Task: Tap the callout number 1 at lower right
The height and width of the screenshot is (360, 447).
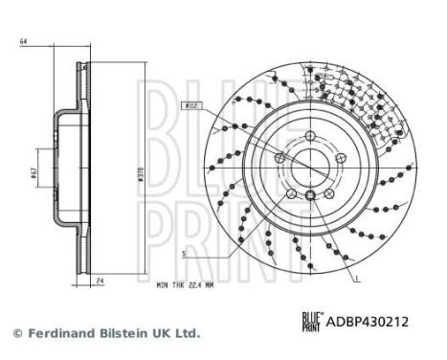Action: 358,277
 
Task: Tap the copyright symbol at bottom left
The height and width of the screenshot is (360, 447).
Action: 15,333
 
